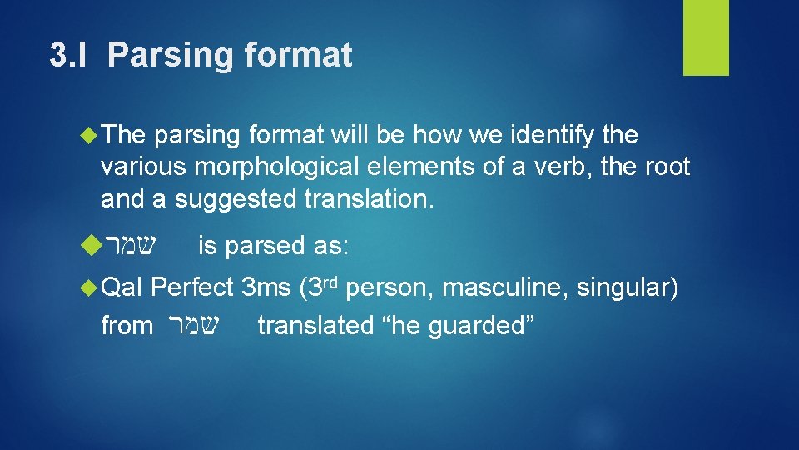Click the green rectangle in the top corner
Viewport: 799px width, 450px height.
click(x=706, y=37)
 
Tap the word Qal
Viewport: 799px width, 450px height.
click(x=122, y=288)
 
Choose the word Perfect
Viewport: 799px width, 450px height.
click(x=193, y=288)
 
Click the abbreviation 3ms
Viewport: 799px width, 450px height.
click(x=265, y=288)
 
